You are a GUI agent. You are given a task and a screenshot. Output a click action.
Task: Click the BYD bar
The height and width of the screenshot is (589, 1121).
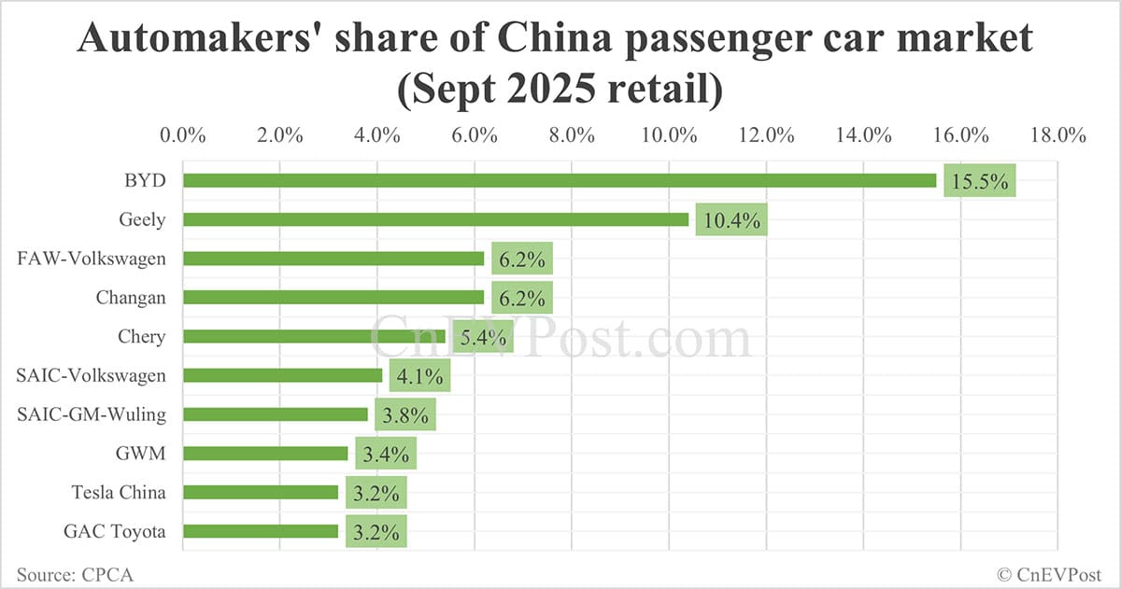[x=559, y=180]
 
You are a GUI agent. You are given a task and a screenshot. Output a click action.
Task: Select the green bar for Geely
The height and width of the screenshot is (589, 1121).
[x=435, y=219]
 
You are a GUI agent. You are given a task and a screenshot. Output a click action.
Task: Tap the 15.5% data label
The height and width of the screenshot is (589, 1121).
[x=979, y=181]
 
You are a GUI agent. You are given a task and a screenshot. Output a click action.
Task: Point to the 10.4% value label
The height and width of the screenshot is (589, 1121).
[x=731, y=220]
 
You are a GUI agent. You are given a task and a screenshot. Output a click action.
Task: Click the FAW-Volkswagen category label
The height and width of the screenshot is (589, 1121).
[x=92, y=259]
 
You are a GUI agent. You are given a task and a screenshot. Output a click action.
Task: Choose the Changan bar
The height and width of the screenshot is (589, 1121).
[x=333, y=298]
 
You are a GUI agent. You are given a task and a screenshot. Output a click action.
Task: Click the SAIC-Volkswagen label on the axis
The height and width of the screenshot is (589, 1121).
[x=92, y=375]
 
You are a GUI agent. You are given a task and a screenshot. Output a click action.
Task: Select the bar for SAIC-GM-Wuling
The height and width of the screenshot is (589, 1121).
[x=275, y=414]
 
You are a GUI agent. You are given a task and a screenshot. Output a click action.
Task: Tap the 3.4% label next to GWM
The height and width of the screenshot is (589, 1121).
[x=381, y=454]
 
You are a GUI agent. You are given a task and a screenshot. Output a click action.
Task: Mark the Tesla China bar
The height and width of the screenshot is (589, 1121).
[x=260, y=492]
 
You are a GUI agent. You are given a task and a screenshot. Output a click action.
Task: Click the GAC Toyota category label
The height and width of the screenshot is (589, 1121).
[x=114, y=531]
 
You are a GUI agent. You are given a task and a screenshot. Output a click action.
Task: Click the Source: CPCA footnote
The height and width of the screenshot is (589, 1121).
[x=74, y=574]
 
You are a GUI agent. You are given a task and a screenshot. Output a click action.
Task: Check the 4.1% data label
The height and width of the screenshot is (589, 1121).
[x=420, y=376]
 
